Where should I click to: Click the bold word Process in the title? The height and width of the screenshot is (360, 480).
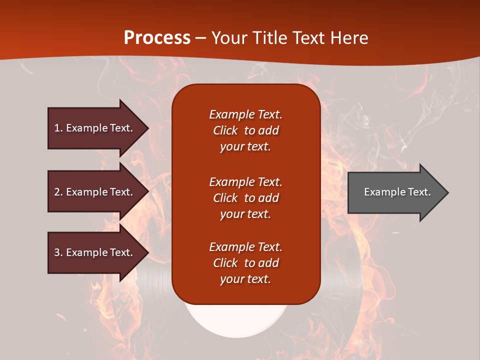tap(157, 38)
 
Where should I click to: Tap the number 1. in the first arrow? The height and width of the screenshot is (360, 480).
tap(58, 128)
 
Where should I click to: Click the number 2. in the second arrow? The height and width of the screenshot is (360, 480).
tap(58, 192)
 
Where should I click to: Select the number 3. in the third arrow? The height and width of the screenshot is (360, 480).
tap(58, 252)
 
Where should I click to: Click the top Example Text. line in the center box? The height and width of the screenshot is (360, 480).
tap(245, 114)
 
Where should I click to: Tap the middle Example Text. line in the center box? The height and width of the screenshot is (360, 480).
tap(245, 182)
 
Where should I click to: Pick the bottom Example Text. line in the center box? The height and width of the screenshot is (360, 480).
tap(245, 247)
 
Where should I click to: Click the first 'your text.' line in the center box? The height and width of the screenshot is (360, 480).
tap(245, 147)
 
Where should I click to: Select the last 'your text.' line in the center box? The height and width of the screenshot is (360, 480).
tap(245, 279)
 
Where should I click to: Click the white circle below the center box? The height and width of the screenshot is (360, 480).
tap(237, 320)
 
